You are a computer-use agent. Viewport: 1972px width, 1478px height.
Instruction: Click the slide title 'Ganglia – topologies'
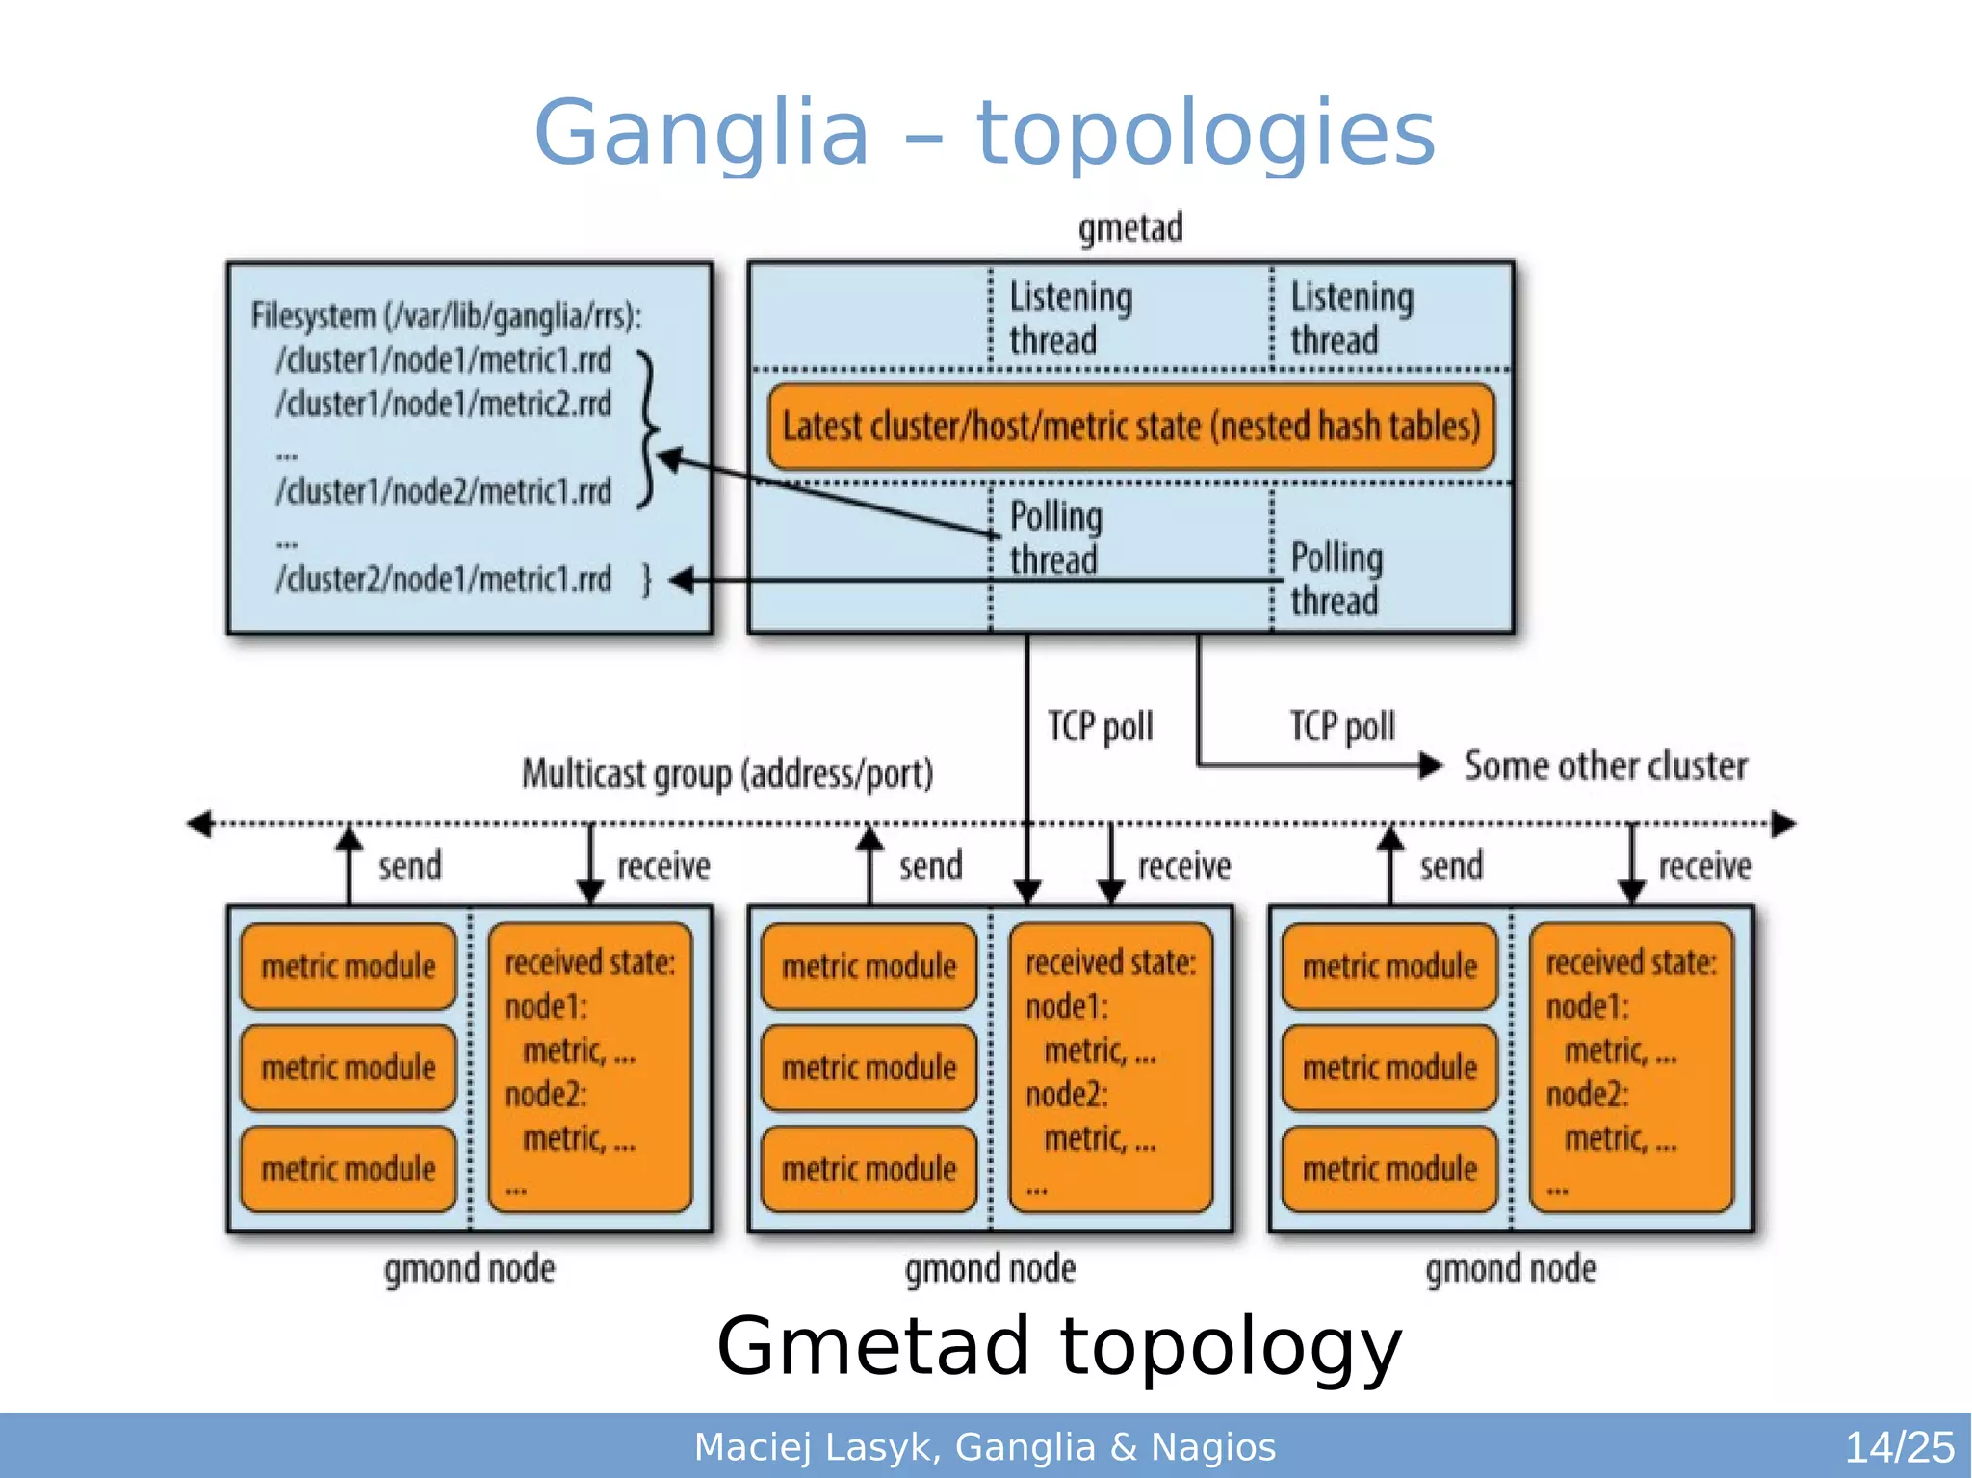tap(984, 132)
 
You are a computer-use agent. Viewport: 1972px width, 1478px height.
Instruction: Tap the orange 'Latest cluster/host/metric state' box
tap(1131, 427)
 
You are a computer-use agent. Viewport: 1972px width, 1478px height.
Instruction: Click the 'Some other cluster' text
tap(1605, 766)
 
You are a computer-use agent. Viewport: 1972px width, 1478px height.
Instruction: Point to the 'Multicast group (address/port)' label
tap(728, 773)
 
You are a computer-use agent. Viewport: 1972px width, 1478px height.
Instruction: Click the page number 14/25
tap(1898, 1446)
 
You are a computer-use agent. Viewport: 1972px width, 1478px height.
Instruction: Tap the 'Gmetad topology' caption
tap(1058, 1345)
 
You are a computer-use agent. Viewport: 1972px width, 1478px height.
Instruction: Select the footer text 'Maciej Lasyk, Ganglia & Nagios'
tap(985, 1446)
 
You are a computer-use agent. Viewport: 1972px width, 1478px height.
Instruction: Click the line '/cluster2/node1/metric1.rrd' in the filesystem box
tap(444, 580)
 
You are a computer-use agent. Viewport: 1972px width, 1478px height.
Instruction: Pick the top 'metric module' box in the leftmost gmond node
tap(349, 966)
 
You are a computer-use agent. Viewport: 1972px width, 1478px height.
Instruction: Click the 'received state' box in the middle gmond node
tap(1110, 1067)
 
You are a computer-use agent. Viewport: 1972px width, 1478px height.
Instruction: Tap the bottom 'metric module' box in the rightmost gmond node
tap(1389, 1169)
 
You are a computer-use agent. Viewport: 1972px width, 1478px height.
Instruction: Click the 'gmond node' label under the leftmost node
tap(470, 1269)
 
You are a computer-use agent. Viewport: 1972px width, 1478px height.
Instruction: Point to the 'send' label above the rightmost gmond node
tap(1451, 866)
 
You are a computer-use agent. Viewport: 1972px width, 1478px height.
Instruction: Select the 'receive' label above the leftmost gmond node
tap(663, 866)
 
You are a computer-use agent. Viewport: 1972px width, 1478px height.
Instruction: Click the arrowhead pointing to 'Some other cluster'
tap(1432, 765)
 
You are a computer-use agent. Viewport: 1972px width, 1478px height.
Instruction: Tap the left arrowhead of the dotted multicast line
tap(198, 823)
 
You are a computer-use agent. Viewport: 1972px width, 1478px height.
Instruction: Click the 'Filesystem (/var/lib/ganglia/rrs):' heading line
tap(447, 316)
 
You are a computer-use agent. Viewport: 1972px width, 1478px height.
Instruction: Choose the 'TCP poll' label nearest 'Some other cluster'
tap(1342, 726)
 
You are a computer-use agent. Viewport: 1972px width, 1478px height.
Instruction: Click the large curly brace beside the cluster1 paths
tap(648, 428)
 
